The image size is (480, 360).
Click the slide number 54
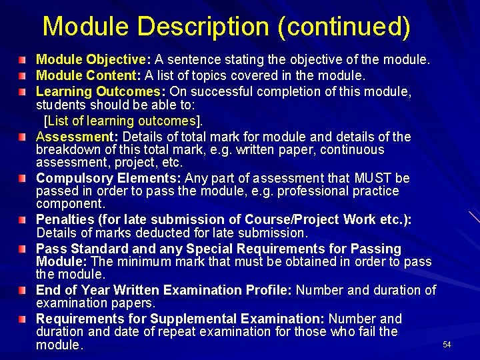tap(447, 344)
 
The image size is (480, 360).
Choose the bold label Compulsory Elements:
tap(109, 178)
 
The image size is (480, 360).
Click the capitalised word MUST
tap(373, 178)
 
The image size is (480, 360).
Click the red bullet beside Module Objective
tap(23, 60)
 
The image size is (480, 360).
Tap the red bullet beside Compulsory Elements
tap(23, 179)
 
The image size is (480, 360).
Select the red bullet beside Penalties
tap(23, 220)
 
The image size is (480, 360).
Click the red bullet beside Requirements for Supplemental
tap(23, 319)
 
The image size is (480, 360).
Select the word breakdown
tap(69, 149)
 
